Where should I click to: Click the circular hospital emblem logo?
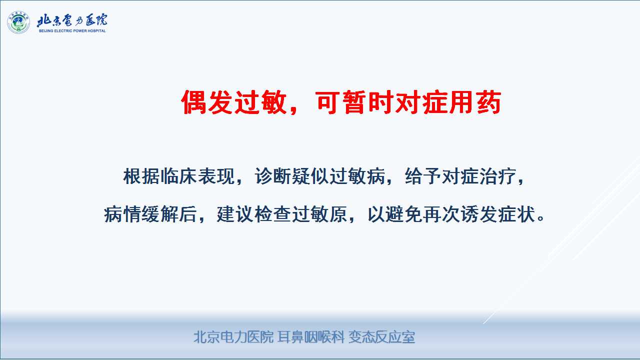(x=18, y=22)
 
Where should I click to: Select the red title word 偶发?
(x=207, y=102)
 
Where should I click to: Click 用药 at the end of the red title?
(x=475, y=102)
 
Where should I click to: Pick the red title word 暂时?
(x=367, y=102)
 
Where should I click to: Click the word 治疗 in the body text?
(x=497, y=176)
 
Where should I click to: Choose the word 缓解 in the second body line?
(x=159, y=214)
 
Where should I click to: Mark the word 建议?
(x=235, y=214)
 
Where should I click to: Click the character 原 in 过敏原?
(x=337, y=214)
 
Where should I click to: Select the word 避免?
(x=403, y=214)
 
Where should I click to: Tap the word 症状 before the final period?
(x=516, y=214)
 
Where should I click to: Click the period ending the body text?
(x=541, y=219)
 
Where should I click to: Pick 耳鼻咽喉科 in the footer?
(x=311, y=337)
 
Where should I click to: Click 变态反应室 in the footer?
(x=381, y=337)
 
